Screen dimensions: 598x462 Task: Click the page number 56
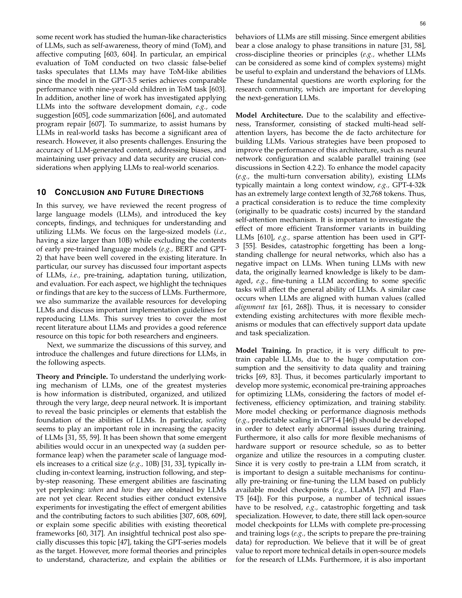[x=423, y=24]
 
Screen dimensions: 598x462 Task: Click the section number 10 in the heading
[x=41, y=192]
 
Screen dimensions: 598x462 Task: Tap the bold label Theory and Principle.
[x=72, y=377]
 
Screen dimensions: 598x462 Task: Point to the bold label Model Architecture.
[x=269, y=115]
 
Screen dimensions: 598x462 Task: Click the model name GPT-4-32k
[x=409, y=185]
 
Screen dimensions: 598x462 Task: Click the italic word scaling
[x=216, y=420]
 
